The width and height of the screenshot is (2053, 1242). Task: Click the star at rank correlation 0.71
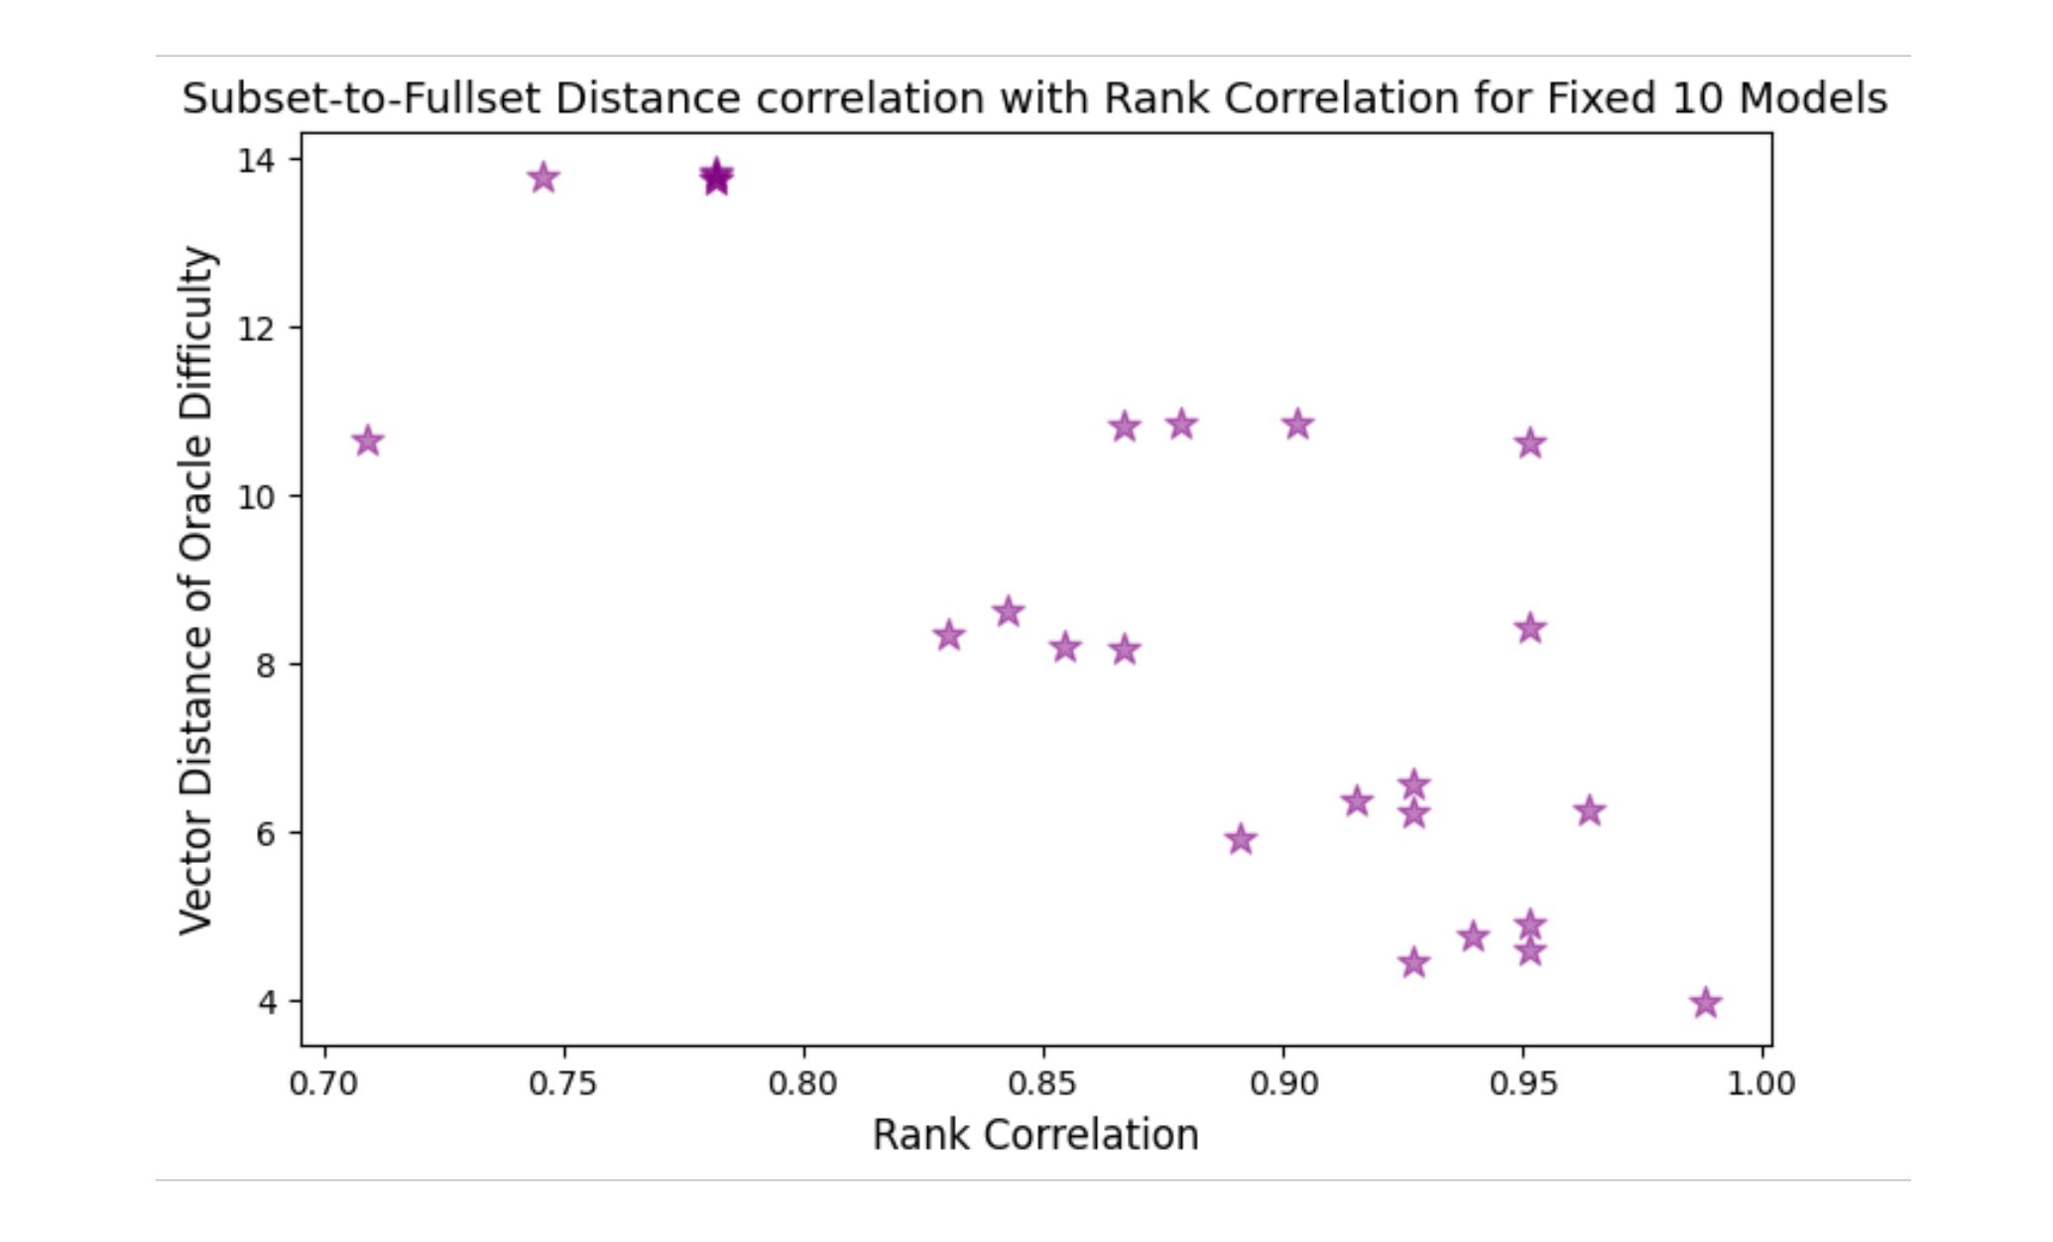point(368,441)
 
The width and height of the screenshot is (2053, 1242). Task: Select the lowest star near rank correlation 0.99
point(1705,1003)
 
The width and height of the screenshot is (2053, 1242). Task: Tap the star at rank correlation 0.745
point(543,179)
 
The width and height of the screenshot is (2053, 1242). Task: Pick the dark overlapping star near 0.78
point(716,178)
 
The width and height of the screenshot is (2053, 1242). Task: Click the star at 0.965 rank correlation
point(1589,810)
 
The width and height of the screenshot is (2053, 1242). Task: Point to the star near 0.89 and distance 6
point(1240,840)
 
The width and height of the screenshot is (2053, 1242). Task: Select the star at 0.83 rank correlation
point(949,635)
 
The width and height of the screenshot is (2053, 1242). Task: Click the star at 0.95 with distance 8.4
point(1530,628)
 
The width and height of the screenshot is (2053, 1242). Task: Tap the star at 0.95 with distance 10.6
point(1530,443)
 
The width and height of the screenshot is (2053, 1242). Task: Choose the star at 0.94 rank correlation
point(1473,936)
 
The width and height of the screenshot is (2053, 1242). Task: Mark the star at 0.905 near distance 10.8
point(1297,426)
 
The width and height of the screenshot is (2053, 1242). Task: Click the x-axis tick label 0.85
point(1043,1083)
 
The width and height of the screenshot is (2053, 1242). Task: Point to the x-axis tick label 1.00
point(1761,1083)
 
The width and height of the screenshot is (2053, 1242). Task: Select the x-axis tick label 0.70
point(323,1083)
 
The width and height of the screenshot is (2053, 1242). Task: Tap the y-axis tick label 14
point(256,160)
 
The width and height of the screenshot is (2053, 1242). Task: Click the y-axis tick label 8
point(266,665)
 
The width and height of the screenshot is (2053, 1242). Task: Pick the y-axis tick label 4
point(266,1002)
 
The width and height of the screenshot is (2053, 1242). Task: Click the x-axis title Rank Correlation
point(1035,1135)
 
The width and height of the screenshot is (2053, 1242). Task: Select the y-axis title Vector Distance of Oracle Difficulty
point(196,590)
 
